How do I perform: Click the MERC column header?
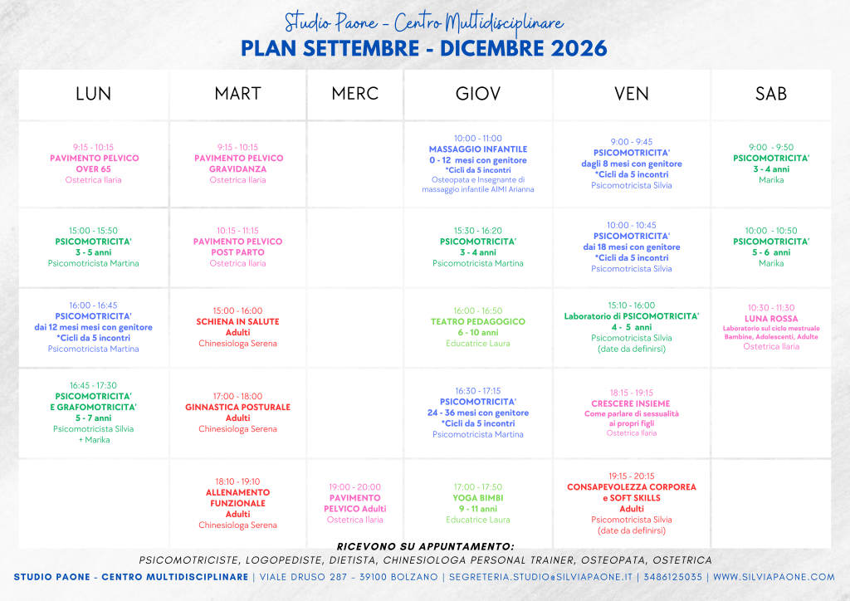tap(355, 94)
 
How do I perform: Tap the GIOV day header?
tap(478, 94)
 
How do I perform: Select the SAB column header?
tap(771, 94)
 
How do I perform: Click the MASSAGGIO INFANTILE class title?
tap(478, 149)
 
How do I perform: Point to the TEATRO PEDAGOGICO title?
tap(478, 321)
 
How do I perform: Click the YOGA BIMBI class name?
tap(478, 497)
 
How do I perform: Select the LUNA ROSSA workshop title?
tap(771, 319)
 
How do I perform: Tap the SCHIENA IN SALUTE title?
tap(238, 321)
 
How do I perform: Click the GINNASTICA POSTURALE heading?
tap(238, 407)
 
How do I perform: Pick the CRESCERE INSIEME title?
tap(631, 403)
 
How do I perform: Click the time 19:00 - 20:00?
tap(355, 487)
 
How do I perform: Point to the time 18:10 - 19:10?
tap(238, 481)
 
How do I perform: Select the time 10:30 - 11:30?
tap(771, 307)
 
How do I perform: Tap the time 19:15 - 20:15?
tap(632, 476)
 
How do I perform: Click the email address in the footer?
tap(540, 577)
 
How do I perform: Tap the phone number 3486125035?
tap(672, 577)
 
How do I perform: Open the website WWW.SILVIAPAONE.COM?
tap(774, 577)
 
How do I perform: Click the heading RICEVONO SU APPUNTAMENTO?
tap(426, 546)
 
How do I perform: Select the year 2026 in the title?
tap(579, 48)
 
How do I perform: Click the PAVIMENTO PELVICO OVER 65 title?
tap(94, 164)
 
